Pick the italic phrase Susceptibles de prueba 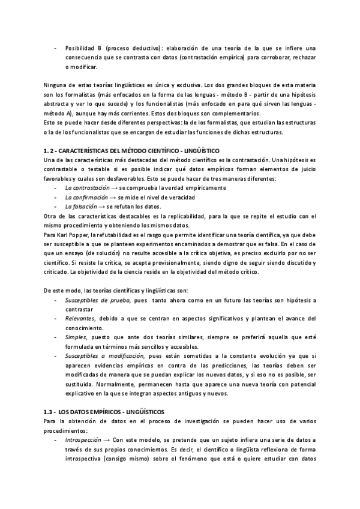coord(95,300)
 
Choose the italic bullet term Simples coord(75,337)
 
